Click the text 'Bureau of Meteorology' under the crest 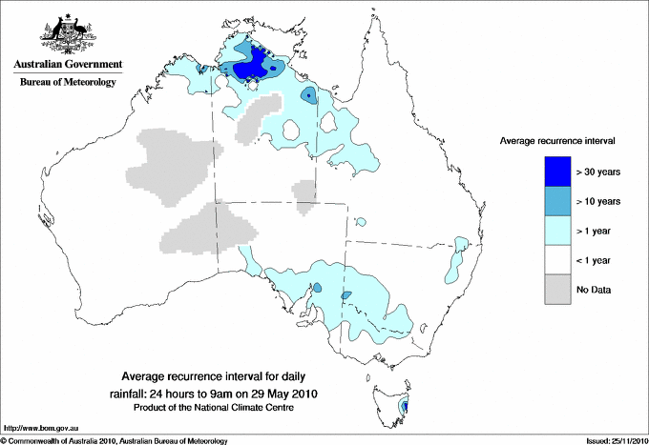tap(68, 82)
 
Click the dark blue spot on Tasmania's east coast tap(406, 407)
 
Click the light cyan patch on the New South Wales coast tap(455, 263)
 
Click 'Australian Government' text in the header tap(68, 65)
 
